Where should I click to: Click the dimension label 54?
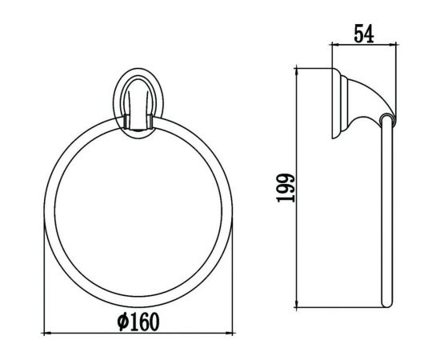(x=364, y=34)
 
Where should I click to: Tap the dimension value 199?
(x=286, y=188)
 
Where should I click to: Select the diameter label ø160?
(x=138, y=322)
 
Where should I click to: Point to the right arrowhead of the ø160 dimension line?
(x=230, y=334)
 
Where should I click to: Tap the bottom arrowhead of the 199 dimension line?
(x=296, y=303)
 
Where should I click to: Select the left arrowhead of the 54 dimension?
(x=336, y=44)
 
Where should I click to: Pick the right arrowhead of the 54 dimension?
(x=392, y=44)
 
